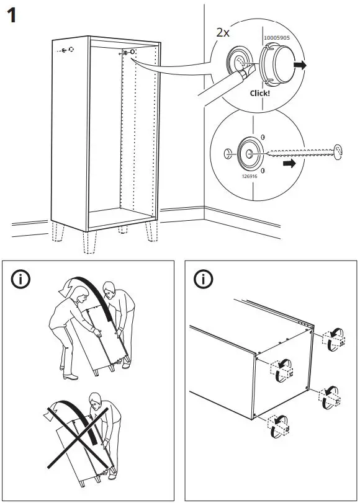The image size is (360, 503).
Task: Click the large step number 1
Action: click(12, 16)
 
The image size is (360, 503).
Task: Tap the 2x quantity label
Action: click(223, 32)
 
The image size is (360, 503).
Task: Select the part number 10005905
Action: click(277, 38)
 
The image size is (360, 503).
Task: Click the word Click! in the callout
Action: click(260, 94)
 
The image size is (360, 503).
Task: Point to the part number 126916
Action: click(250, 176)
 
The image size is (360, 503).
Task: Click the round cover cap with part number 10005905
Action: click(277, 65)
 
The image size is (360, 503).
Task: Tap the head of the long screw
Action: click(338, 152)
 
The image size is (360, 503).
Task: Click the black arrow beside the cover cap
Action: click(300, 65)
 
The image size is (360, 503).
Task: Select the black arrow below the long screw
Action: click(289, 164)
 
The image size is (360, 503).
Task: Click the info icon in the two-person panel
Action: click(20, 279)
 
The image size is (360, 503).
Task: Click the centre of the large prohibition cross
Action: click(77, 438)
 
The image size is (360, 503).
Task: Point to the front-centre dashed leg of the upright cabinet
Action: click(89, 243)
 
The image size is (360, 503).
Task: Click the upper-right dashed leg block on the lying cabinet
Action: click(334, 339)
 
